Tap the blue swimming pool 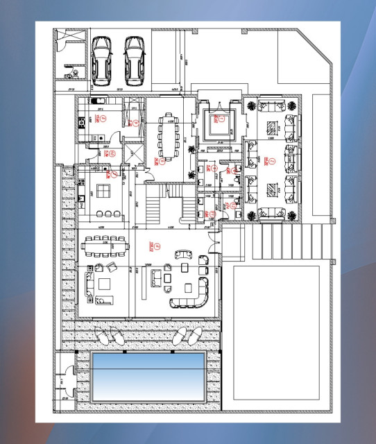148,376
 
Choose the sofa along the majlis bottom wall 271,214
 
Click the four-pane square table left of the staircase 102,190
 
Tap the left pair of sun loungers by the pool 109,337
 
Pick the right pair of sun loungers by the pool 186,337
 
